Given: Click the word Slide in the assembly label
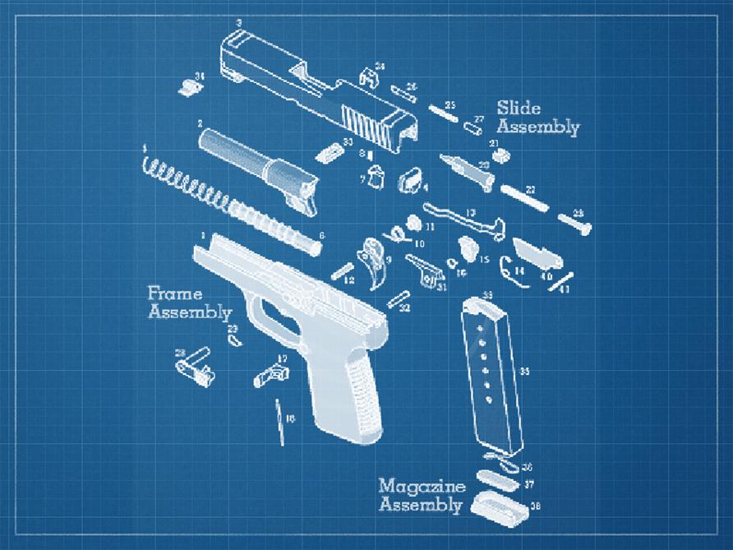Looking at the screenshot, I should coord(519,109).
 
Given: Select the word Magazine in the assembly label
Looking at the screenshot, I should coord(422,486).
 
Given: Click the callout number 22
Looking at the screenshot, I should coord(530,190).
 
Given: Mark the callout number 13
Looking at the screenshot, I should coord(471,212).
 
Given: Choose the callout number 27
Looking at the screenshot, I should coord(479,120).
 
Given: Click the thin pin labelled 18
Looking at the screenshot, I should coord(280,422).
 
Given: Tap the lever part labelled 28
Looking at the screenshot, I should coord(192,362).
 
